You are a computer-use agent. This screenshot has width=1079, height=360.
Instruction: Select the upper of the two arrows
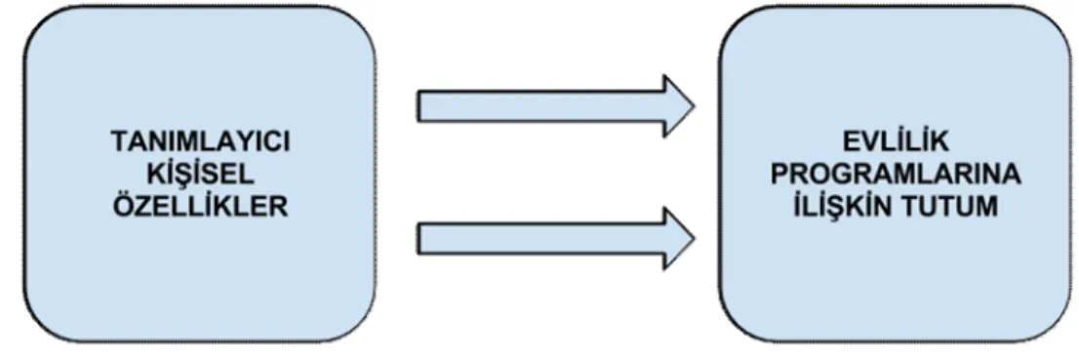555,106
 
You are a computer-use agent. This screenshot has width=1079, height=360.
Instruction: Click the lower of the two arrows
555,240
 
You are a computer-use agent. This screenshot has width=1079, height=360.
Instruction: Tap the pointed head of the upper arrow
694,106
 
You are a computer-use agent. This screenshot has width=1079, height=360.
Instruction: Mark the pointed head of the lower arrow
694,240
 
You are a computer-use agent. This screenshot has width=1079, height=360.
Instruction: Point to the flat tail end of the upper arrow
418,106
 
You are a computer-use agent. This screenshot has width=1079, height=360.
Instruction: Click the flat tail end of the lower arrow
418,240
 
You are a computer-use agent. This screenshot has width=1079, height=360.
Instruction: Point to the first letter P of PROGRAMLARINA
779,176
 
